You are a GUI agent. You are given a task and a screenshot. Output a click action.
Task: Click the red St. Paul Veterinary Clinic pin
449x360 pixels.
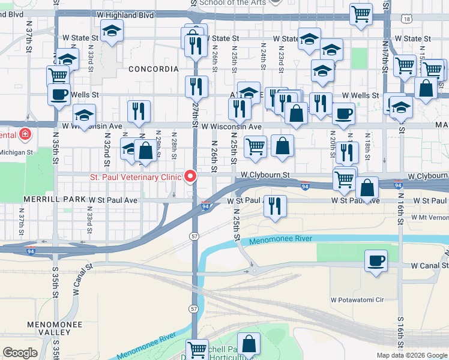pyautogui.click(x=191, y=176)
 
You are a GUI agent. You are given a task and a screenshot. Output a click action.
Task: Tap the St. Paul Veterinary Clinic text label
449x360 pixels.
pyautogui.click(x=136, y=177)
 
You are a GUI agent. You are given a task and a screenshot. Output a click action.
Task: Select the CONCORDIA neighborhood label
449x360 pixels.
pyautogui.click(x=154, y=69)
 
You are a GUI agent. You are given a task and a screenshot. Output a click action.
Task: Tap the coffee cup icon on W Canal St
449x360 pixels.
pyautogui.click(x=376, y=261)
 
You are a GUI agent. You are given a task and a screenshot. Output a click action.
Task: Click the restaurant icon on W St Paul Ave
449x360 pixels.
pyautogui.click(x=275, y=206)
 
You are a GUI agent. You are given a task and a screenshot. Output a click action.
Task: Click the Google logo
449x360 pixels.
pyautogui.click(x=20, y=353)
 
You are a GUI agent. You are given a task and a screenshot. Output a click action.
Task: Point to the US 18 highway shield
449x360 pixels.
pyautogui.click(x=408, y=20)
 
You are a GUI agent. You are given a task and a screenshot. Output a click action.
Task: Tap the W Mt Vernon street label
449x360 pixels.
pyautogui.click(x=430, y=217)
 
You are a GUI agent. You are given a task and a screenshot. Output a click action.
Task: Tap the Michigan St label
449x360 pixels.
pyautogui.click(x=17, y=152)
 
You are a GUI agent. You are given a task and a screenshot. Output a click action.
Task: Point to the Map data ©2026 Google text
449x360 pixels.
pyautogui.click(x=411, y=355)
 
